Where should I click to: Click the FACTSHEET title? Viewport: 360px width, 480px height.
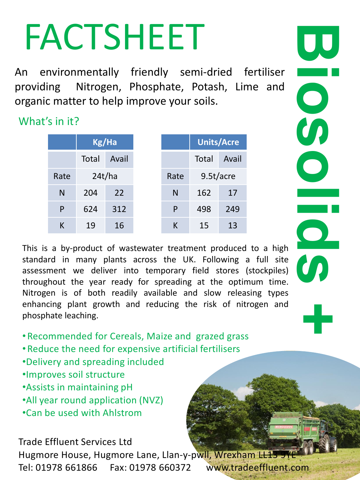pyautogui.click(x=114, y=37)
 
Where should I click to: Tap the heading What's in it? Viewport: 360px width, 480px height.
pyautogui.click(x=49, y=121)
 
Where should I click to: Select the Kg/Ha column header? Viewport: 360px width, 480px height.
pyautogui.click(x=105, y=142)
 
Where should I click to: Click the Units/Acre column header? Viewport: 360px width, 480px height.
pyautogui.click(x=218, y=142)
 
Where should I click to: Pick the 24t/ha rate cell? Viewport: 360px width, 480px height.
pyautogui.click(x=105, y=176)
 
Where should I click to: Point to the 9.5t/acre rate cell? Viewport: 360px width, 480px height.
pyautogui.click(x=218, y=176)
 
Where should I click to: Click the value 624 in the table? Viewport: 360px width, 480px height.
pyautogui.click(x=90, y=209)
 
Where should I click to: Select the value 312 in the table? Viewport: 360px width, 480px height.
pyautogui.click(x=119, y=209)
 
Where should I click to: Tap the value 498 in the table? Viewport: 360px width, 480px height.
pyautogui.click(x=204, y=209)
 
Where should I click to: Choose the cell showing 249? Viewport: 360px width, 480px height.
pyautogui.click(x=232, y=209)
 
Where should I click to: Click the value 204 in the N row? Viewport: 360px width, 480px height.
pyautogui.click(x=90, y=193)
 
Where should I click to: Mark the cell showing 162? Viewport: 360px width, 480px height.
pyautogui.click(x=204, y=193)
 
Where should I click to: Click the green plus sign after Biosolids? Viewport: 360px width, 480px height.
pyautogui.click(x=318, y=319)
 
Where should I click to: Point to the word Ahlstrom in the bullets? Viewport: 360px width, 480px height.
pyautogui.click(x=122, y=413)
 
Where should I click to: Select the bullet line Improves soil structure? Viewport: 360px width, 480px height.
pyautogui.click(x=75, y=375)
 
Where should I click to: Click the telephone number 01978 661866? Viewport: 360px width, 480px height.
pyautogui.click(x=66, y=468)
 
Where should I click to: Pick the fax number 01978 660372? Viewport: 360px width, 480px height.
pyautogui.click(x=160, y=468)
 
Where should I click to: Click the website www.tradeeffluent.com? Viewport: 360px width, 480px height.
pyautogui.click(x=257, y=468)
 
